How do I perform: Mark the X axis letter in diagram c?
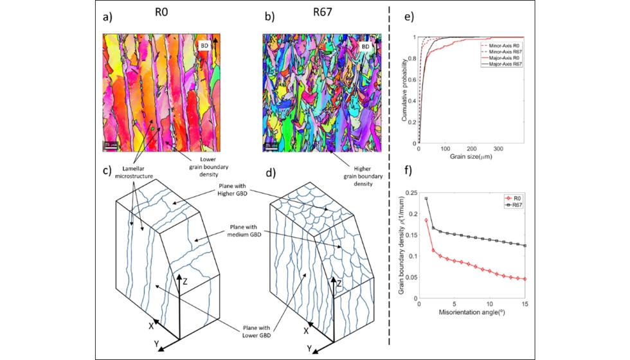coord(152,326)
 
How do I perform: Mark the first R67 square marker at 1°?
coord(426,199)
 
